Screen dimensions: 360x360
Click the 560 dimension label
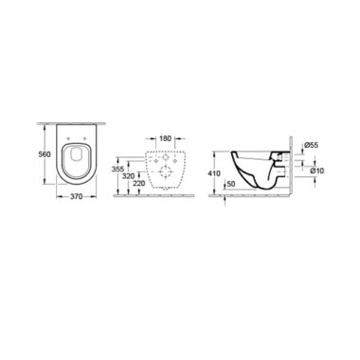(x=45, y=154)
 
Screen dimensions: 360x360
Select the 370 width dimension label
(x=76, y=196)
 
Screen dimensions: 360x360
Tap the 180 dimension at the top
(x=165, y=138)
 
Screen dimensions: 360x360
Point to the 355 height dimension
(x=117, y=169)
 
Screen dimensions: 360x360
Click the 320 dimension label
(x=128, y=176)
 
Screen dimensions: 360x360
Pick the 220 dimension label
(x=139, y=183)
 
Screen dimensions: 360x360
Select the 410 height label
(x=214, y=173)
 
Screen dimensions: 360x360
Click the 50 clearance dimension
(x=231, y=184)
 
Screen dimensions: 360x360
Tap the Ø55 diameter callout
(x=312, y=145)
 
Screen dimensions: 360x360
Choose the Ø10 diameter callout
(x=317, y=171)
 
